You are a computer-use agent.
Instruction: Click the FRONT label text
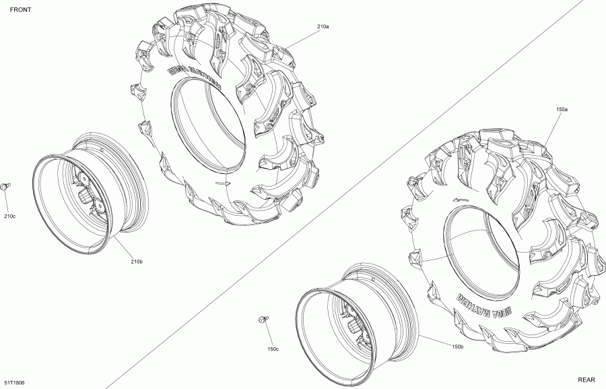coord(20,9)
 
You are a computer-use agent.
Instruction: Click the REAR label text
coord(586,380)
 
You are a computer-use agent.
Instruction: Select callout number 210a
coord(323,27)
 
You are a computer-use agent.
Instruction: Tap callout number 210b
coord(137,262)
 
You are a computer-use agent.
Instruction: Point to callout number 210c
coord(9,216)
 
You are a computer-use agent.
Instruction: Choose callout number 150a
coord(562,109)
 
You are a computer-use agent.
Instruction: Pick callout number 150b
coord(457,347)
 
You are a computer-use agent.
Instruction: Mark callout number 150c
coord(273,349)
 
